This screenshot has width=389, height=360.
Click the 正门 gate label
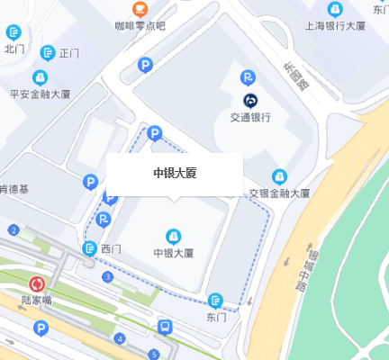pyautogui.click(x=70, y=53)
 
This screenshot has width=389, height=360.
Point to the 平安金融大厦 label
pyautogui.click(x=41, y=93)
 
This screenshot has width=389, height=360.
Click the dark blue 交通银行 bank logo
pyautogui.click(x=249, y=99)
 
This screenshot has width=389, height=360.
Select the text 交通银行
pyautogui.click(x=249, y=116)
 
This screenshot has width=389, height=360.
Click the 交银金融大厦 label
pyautogui.click(x=279, y=193)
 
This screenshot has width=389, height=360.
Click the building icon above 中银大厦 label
pyautogui.click(x=174, y=236)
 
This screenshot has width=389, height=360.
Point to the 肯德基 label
pyautogui.click(x=14, y=189)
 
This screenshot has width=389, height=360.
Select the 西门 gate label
pyautogui.click(x=111, y=248)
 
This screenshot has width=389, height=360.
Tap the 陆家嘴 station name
pyautogui.click(x=37, y=301)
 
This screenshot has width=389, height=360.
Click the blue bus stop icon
pyautogui.click(x=165, y=327)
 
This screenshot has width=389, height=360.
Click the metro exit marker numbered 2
pyautogui.click(x=14, y=230)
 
